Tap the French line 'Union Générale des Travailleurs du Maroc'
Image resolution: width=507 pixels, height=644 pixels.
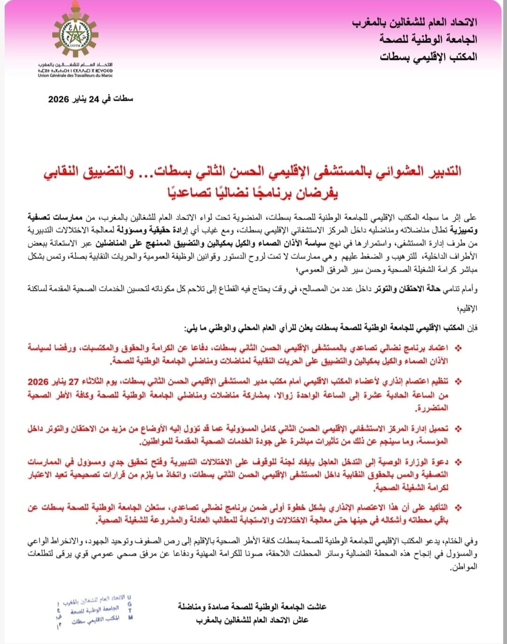(76, 76)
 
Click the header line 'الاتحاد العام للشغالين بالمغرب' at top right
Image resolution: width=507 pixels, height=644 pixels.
(415, 22)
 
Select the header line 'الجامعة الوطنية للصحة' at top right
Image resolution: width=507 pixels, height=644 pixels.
(429, 39)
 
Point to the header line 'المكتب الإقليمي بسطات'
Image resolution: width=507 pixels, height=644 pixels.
(429, 57)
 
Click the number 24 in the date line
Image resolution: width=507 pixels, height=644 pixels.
(95, 100)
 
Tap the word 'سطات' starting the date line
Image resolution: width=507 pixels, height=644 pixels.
(124, 100)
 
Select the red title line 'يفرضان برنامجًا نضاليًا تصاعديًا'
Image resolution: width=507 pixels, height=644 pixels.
(253, 192)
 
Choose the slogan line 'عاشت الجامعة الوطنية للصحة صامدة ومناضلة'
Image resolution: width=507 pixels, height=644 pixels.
(252, 606)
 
